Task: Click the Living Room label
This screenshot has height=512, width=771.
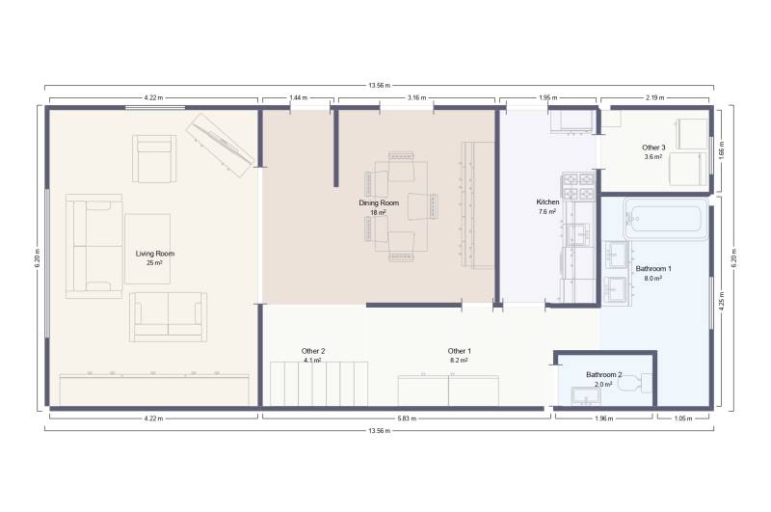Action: click(155, 254)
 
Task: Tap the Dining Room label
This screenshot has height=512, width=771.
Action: click(379, 203)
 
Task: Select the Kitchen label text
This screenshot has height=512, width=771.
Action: click(547, 202)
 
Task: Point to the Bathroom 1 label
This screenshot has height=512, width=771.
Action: click(653, 269)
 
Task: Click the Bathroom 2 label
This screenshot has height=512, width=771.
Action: click(604, 375)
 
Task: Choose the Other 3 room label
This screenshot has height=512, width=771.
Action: click(653, 148)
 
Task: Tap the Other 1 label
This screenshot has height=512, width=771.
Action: click(460, 351)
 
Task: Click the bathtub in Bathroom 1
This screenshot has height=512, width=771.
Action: click(666, 218)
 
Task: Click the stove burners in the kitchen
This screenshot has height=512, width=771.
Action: click(578, 185)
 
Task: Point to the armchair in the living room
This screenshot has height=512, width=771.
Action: click(154, 158)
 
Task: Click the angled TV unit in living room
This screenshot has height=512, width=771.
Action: click(220, 145)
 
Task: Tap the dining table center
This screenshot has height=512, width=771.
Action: click(401, 206)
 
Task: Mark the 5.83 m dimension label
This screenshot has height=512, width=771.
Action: click(407, 418)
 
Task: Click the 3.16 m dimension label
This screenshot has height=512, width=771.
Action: click(416, 98)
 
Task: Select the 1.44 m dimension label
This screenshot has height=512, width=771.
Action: click(298, 98)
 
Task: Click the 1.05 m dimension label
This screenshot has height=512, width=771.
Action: click(683, 418)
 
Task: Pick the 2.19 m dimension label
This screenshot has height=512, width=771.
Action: click(655, 98)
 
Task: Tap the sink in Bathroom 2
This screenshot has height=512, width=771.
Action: click(585, 396)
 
